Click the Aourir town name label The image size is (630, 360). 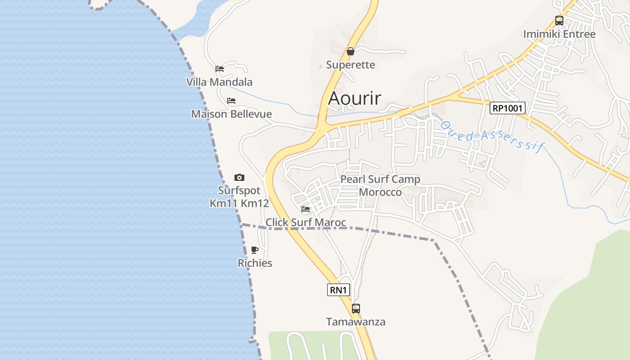pos(355,98)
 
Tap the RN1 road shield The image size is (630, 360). pos(338,290)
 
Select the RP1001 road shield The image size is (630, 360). pos(508,108)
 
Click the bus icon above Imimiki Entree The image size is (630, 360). pos(559,21)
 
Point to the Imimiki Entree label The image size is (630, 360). pos(559,34)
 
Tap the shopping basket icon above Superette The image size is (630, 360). pos(351,52)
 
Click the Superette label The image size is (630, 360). pos(351,65)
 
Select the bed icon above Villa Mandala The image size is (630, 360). pos(220,69)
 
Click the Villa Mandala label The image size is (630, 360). pos(219,82)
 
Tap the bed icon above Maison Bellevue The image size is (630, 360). pos(231,101)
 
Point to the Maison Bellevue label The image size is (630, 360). pos(231,114)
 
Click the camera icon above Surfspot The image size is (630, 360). pos(239,178)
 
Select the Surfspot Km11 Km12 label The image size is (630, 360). pos(239,197)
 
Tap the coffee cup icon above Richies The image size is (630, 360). pos(255,250)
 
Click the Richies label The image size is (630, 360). pos(255,263)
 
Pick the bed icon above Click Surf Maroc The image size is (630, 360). pos(306,209)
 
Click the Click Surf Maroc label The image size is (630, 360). pos(306,222)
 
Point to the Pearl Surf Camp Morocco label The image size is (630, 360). pos(380,185)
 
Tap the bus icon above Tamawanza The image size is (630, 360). pos(356,309)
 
